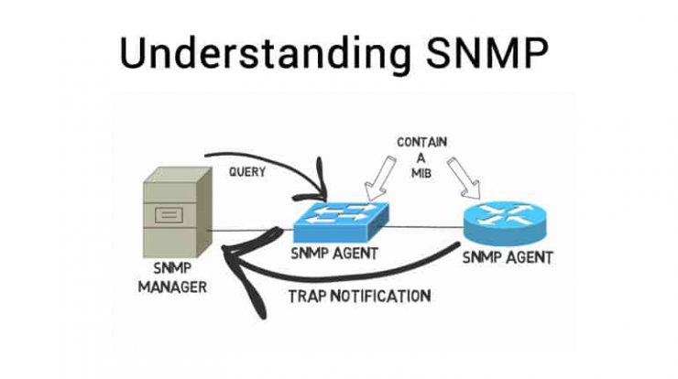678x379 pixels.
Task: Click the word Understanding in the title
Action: click(x=265, y=54)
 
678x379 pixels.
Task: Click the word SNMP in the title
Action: click(x=487, y=53)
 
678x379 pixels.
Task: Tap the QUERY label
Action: click(x=246, y=172)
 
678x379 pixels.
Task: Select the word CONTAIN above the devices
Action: click(x=421, y=142)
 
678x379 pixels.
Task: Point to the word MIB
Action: click(x=421, y=173)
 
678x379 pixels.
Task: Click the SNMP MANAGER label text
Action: click(x=172, y=277)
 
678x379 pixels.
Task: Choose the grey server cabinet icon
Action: click(x=178, y=212)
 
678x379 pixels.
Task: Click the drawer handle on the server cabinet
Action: click(x=169, y=215)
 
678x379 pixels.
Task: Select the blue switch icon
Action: click(x=341, y=222)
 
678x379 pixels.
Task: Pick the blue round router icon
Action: click(x=505, y=223)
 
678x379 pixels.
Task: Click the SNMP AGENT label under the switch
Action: click(x=334, y=254)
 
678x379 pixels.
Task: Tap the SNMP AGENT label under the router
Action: click(x=508, y=257)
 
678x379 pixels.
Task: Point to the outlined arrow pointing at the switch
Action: click(x=379, y=178)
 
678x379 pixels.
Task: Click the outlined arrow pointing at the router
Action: click(x=464, y=178)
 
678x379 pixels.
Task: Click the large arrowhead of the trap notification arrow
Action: click(x=251, y=268)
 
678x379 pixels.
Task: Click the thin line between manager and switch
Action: click(x=251, y=231)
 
